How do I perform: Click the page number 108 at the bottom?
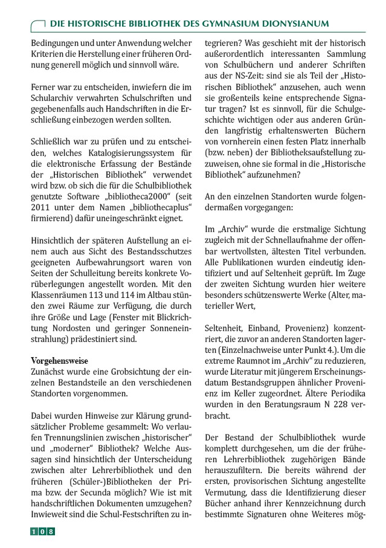(42, 531)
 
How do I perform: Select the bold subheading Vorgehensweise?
(59, 360)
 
